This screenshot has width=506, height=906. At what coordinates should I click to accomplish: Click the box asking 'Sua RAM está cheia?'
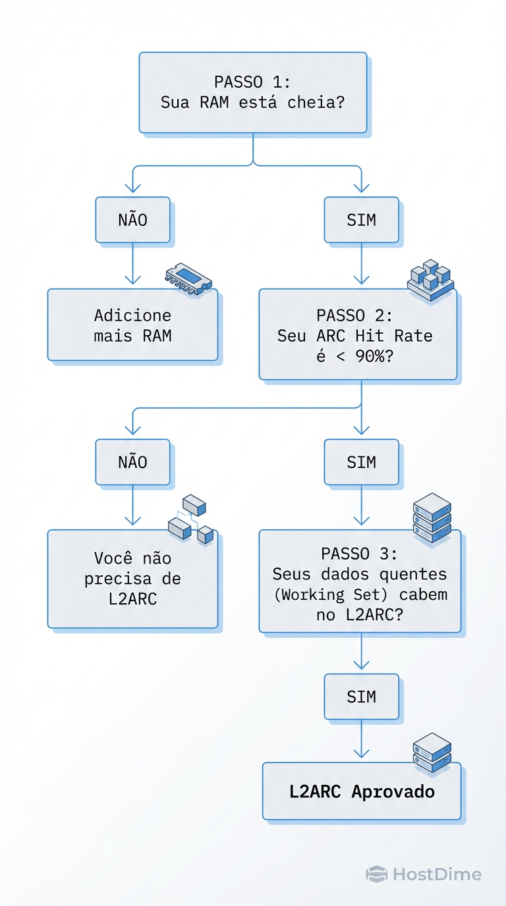pyautogui.click(x=252, y=93)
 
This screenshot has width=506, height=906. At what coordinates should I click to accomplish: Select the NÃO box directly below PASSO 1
pyautogui.click(x=132, y=220)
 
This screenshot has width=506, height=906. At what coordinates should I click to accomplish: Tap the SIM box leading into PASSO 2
pyautogui.click(x=361, y=220)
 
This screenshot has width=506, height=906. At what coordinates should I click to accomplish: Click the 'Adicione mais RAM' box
pyautogui.click(x=132, y=325)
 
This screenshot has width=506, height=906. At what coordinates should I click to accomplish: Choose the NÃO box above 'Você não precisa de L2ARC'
pyautogui.click(x=132, y=462)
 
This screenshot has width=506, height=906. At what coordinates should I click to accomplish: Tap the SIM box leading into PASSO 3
pyautogui.click(x=361, y=462)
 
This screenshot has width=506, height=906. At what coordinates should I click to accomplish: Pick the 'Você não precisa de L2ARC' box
pyautogui.click(x=132, y=579)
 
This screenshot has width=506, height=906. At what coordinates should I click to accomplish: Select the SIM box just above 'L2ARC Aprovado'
pyautogui.click(x=361, y=697)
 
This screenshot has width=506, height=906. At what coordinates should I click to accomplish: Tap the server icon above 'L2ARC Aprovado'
pyautogui.click(x=432, y=752)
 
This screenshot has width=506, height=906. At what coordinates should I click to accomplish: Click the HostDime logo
pyautogui.click(x=424, y=874)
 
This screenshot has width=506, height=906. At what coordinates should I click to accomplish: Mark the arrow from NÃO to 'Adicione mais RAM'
pyautogui.click(x=132, y=266)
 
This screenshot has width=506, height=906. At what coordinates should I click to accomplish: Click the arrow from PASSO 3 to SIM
pyautogui.click(x=361, y=654)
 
